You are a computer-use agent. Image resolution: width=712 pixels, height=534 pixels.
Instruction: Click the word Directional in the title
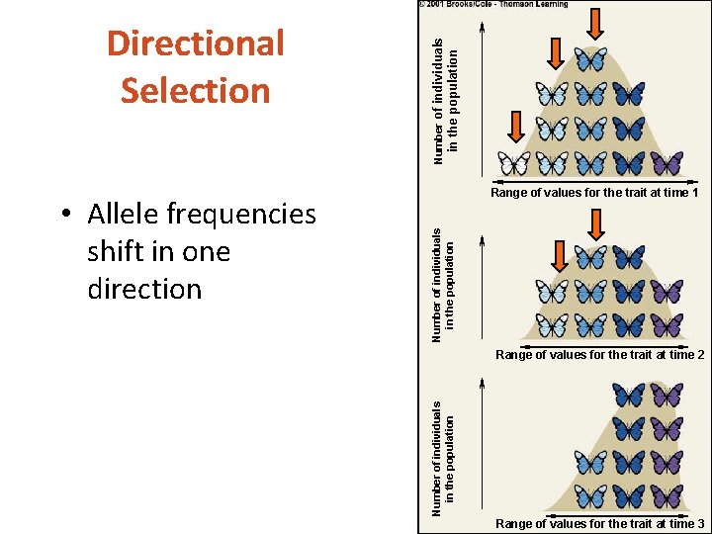196,44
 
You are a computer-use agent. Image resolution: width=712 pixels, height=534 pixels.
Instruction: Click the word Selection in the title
196,90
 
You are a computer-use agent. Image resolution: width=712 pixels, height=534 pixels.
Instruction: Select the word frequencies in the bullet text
240,214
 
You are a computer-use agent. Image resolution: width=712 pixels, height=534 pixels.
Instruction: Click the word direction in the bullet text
144,289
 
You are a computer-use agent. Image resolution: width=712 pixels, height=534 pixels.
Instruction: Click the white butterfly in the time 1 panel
514,162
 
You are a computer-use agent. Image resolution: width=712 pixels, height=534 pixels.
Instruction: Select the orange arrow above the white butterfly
515,126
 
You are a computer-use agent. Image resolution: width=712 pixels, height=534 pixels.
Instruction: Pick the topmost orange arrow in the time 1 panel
595,22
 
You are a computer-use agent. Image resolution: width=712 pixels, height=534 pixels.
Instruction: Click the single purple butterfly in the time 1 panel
667,162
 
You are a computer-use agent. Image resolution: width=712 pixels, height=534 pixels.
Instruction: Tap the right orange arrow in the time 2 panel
595,224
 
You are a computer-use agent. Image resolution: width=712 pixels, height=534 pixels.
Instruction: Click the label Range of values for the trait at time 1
594,193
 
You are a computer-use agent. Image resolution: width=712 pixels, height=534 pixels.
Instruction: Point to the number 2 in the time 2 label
699,354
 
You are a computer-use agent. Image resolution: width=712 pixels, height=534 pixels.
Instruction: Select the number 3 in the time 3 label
699,523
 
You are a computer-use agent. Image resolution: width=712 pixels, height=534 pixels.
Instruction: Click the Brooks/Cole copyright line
493,4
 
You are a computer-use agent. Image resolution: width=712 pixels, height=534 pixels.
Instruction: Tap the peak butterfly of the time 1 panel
591,59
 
